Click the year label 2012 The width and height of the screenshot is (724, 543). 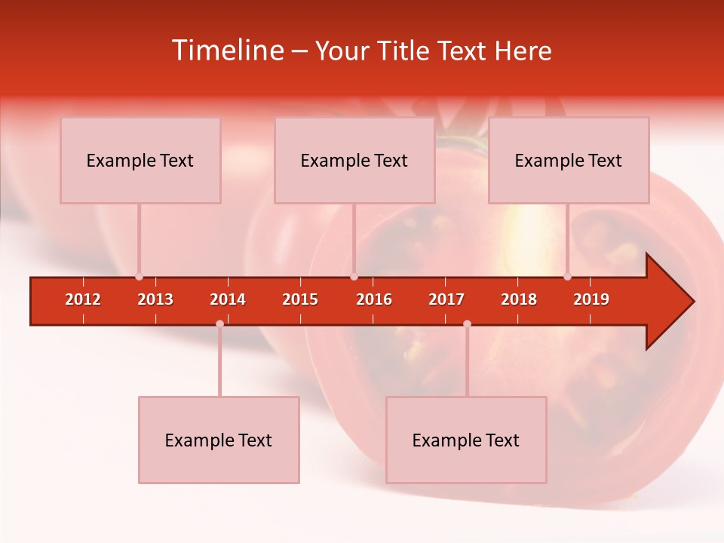[x=83, y=299]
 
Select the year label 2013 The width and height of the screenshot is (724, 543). [x=155, y=299]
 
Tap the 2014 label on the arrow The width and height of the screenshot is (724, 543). [x=228, y=299]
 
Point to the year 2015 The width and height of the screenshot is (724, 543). [x=300, y=299]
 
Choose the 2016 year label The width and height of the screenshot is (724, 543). [x=374, y=299]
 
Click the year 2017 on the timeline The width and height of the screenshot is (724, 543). [x=446, y=299]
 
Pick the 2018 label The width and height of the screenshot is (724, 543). [x=519, y=299]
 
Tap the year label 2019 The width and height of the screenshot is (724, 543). [x=591, y=299]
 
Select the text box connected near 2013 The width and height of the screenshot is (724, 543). [x=140, y=160]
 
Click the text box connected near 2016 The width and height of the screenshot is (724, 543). [x=354, y=160]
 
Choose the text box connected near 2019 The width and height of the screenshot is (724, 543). [x=569, y=160]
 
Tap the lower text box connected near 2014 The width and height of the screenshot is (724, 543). [x=219, y=440]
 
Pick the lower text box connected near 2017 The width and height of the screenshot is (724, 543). [x=466, y=440]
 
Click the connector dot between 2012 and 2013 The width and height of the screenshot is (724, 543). [x=139, y=276]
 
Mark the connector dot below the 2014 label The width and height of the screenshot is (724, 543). [x=219, y=324]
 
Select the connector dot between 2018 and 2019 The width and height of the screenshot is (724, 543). [x=567, y=276]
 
